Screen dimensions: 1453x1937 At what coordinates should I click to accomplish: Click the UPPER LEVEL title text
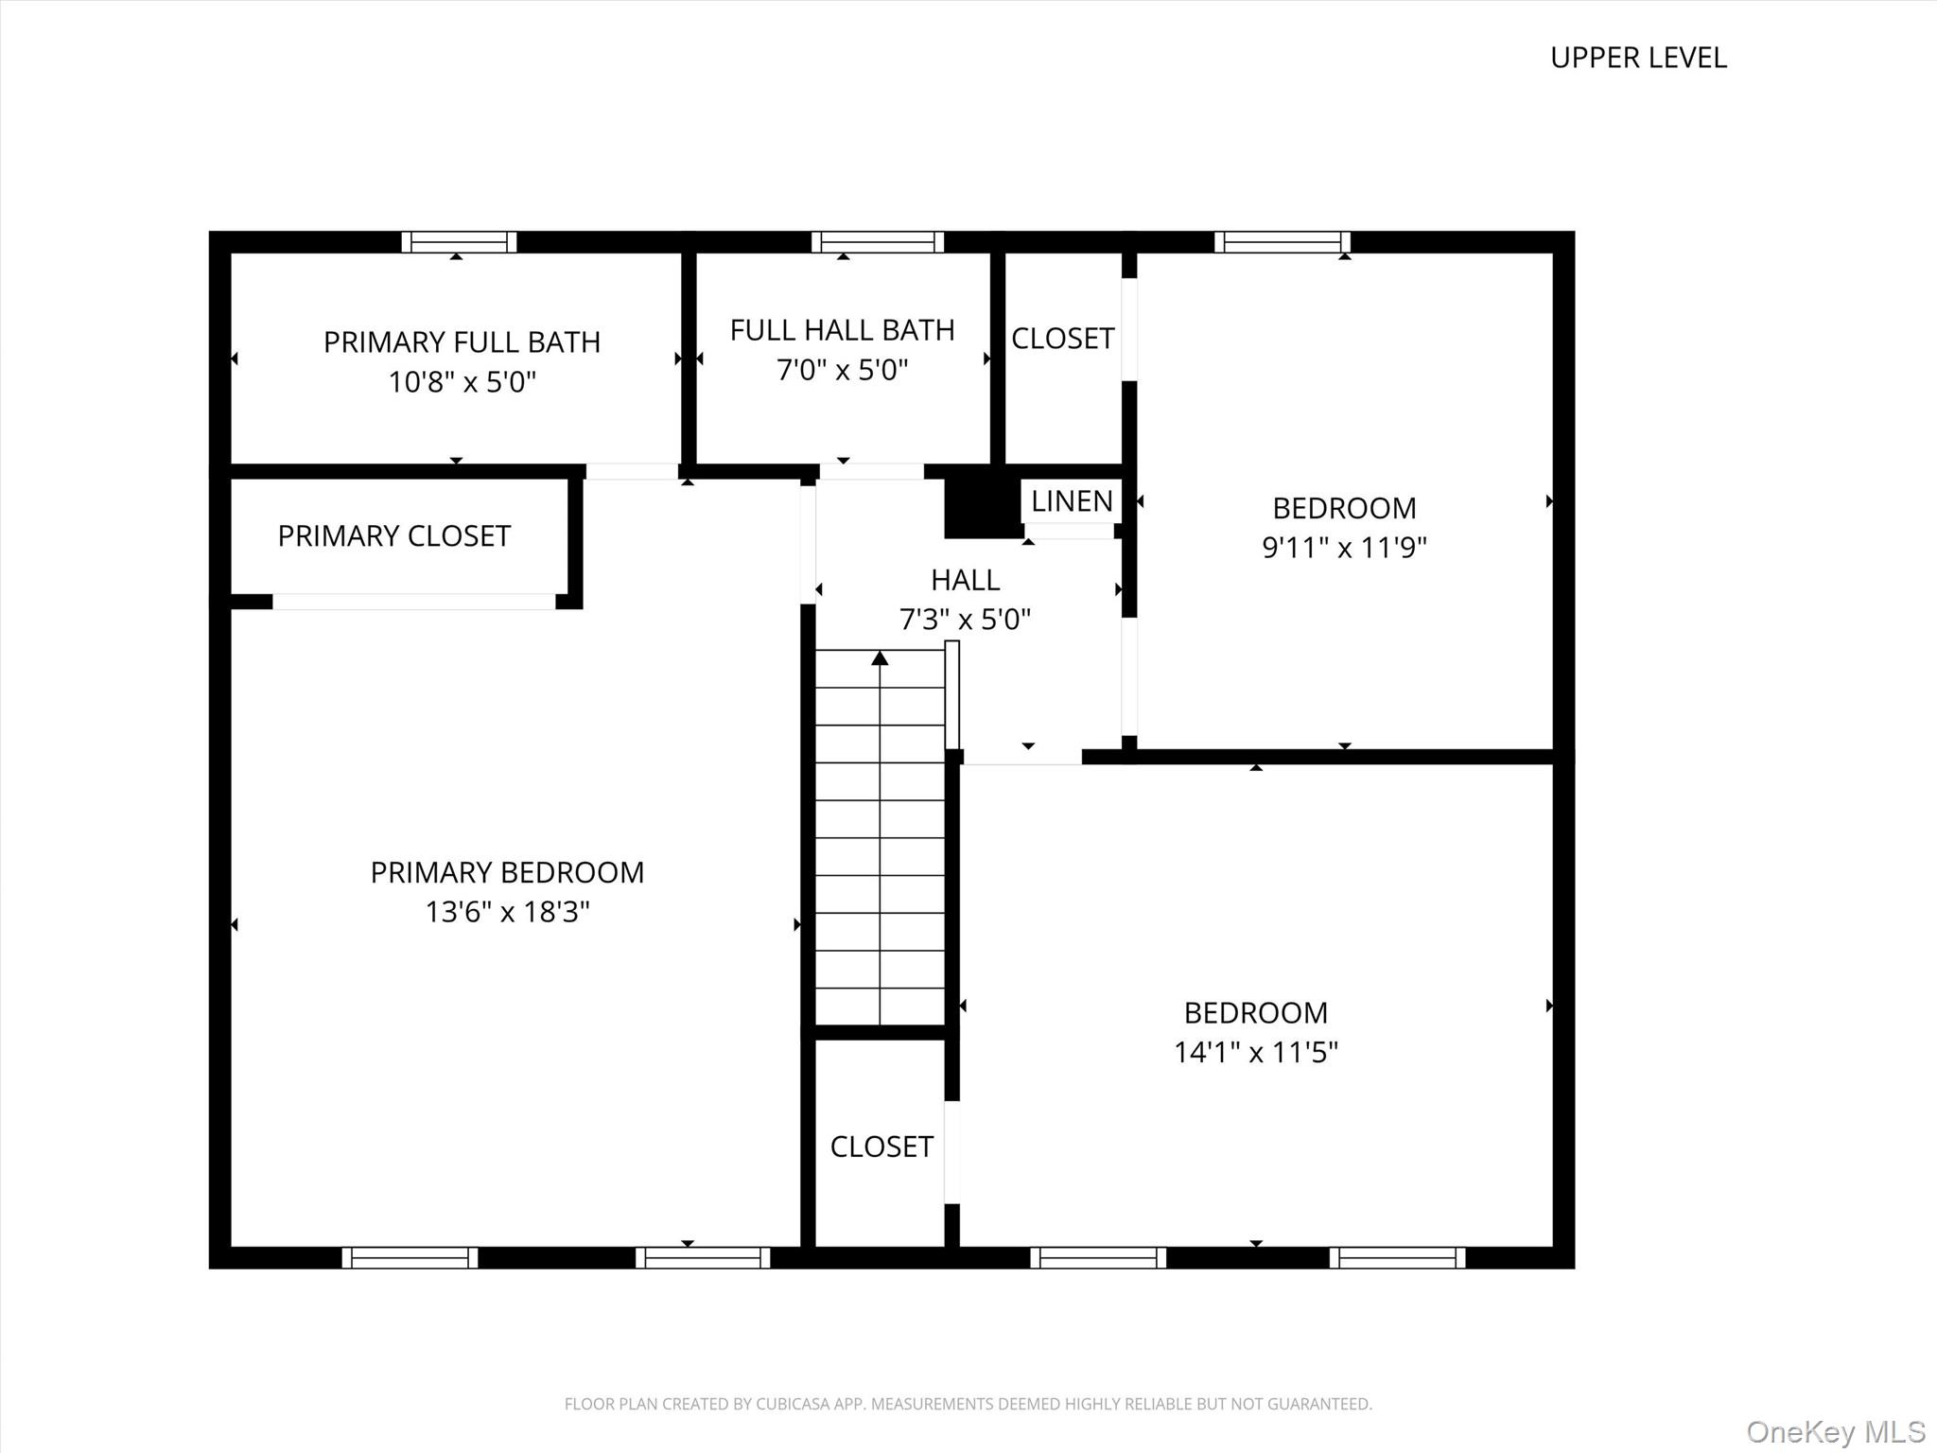click(x=1638, y=58)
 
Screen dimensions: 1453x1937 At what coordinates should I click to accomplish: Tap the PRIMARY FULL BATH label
click(x=462, y=341)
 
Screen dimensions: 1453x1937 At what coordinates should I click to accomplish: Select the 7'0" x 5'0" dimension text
click(x=842, y=370)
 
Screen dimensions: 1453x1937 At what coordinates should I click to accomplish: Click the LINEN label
click(x=1072, y=501)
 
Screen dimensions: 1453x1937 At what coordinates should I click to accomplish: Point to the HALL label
click(x=965, y=580)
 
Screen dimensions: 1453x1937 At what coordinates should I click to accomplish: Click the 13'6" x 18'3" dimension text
click(x=507, y=912)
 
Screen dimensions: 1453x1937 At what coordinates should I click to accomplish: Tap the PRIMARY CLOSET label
click(x=393, y=536)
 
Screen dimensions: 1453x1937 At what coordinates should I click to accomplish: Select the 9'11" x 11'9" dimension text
click(x=1344, y=548)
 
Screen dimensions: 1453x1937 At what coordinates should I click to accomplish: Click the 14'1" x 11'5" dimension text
click(x=1255, y=1053)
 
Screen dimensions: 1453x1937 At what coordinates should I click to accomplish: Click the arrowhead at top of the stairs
click(x=880, y=657)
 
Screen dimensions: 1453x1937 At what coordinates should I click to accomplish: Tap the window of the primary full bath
click(x=459, y=242)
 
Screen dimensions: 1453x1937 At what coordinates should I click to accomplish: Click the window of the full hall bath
click(x=877, y=242)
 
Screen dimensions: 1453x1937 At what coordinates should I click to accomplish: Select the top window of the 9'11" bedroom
click(x=1282, y=242)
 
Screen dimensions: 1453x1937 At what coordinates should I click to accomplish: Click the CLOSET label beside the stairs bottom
click(x=881, y=1147)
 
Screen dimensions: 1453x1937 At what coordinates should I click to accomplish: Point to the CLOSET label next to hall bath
click(x=1062, y=339)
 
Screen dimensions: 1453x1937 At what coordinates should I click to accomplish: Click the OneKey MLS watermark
click(x=1835, y=1431)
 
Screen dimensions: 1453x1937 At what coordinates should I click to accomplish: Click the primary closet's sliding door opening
click(x=414, y=602)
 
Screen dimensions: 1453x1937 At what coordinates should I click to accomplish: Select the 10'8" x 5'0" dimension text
click(x=462, y=382)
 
